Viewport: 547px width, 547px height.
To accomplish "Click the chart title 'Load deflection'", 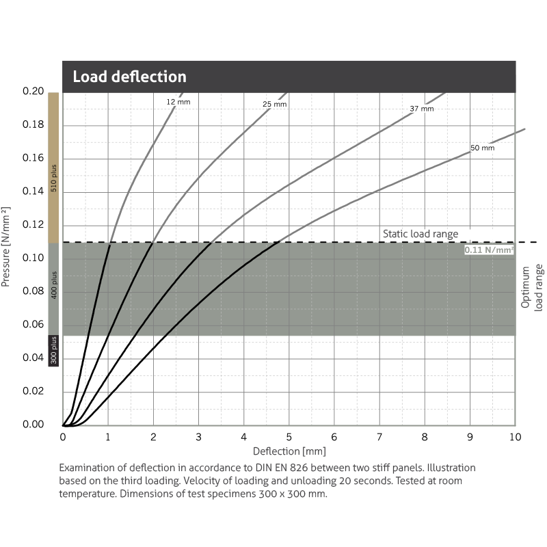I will point(129,77).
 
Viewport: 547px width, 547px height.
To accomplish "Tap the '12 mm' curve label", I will point(177,102).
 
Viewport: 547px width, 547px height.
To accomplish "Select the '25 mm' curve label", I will point(274,105).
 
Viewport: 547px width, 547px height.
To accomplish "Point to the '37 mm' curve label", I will point(422,109).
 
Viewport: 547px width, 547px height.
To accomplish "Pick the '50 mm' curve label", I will point(482,148).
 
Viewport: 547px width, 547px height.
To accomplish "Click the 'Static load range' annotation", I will point(420,234).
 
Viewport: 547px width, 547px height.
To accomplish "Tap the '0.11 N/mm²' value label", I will point(489,250).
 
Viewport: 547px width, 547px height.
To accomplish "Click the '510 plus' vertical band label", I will point(54,177).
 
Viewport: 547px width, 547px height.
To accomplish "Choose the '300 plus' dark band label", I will point(54,349).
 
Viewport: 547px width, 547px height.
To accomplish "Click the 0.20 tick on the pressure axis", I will point(34,92).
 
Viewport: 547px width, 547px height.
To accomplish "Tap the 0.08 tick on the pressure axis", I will point(34,291).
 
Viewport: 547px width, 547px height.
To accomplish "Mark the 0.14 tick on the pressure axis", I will point(34,191).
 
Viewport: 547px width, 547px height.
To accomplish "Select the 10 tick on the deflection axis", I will point(515,437).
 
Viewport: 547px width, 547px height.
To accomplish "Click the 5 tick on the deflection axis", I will point(289,437).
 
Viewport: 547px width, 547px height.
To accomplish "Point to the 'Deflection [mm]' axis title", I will point(289,451).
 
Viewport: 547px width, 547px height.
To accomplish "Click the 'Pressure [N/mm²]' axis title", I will point(7,245).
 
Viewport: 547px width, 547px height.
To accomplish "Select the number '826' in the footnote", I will point(316,468).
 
